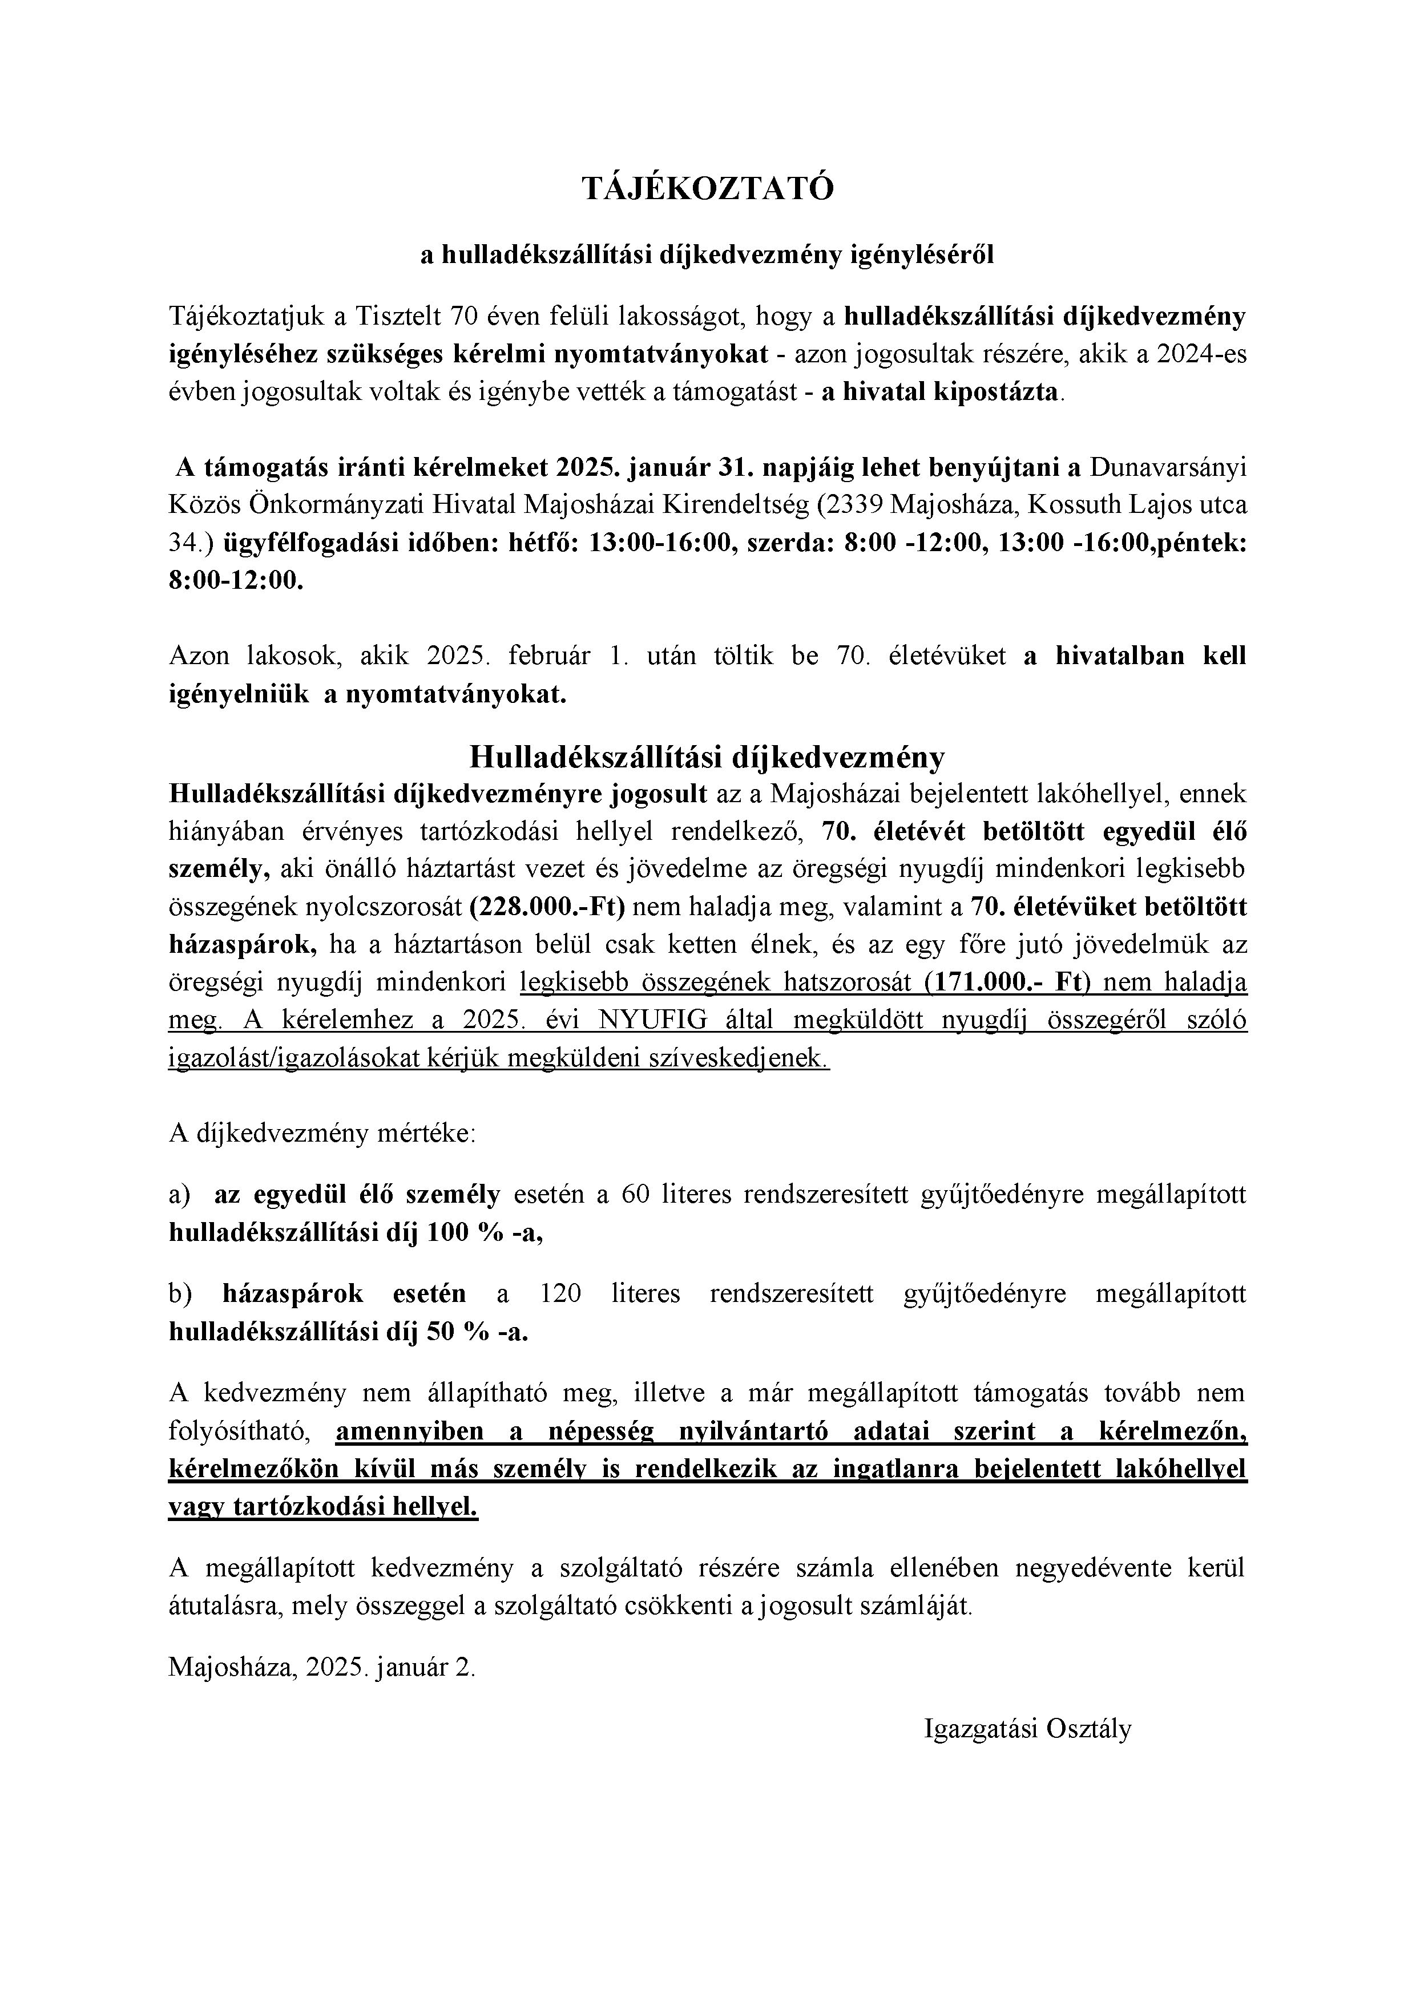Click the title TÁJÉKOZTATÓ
click(x=708, y=188)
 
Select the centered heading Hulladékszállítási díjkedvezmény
click(x=708, y=757)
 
